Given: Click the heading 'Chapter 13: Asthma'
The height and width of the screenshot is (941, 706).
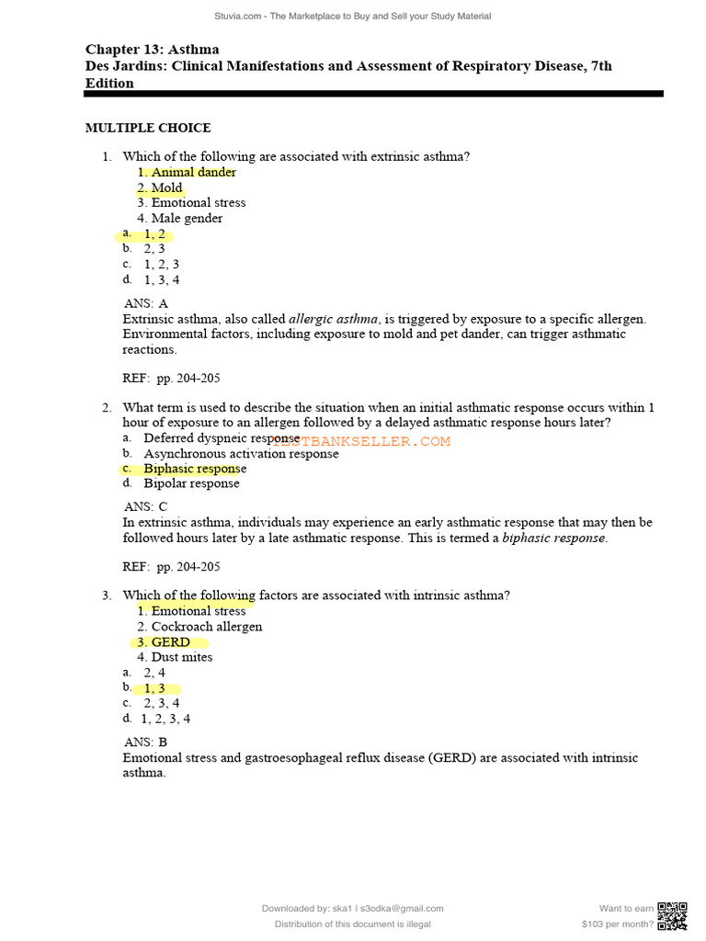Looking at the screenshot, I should pos(153,50).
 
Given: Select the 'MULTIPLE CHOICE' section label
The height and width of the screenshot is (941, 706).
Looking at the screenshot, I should pos(148,128).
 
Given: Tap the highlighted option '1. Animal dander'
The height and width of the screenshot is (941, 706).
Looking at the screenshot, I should pos(187,172).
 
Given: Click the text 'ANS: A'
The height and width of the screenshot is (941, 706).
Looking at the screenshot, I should pos(146,303).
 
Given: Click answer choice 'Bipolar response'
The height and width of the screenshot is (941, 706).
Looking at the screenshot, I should pos(191,483).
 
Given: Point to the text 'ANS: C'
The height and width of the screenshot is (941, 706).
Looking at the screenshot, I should pos(146,506).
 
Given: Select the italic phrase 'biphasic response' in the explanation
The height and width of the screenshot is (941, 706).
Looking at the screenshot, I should pos(553,538).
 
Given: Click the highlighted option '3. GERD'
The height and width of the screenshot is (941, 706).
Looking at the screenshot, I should pos(165,642).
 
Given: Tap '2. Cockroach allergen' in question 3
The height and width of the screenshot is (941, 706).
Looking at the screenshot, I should pos(199,627).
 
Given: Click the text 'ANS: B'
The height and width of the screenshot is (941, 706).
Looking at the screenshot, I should pos(146,742).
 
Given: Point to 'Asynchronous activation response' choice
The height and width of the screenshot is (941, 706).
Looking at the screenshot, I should pos(241,454).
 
